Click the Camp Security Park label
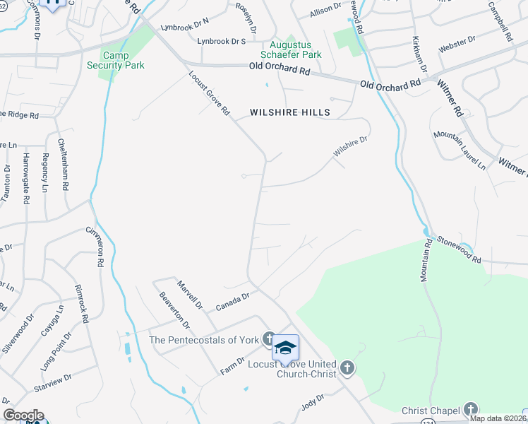(x=124, y=60)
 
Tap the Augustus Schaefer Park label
(x=291, y=49)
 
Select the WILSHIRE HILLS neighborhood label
(x=284, y=112)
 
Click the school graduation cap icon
(x=285, y=348)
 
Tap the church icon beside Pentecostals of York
(x=269, y=339)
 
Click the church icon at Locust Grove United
(x=346, y=367)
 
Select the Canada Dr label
(x=233, y=302)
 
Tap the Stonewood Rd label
(x=457, y=249)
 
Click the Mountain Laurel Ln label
(x=460, y=150)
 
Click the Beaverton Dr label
(x=174, y=311)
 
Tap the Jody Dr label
(x=311, y=401)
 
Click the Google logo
(x=23, y=416)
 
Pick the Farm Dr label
(x=232, y=365)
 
